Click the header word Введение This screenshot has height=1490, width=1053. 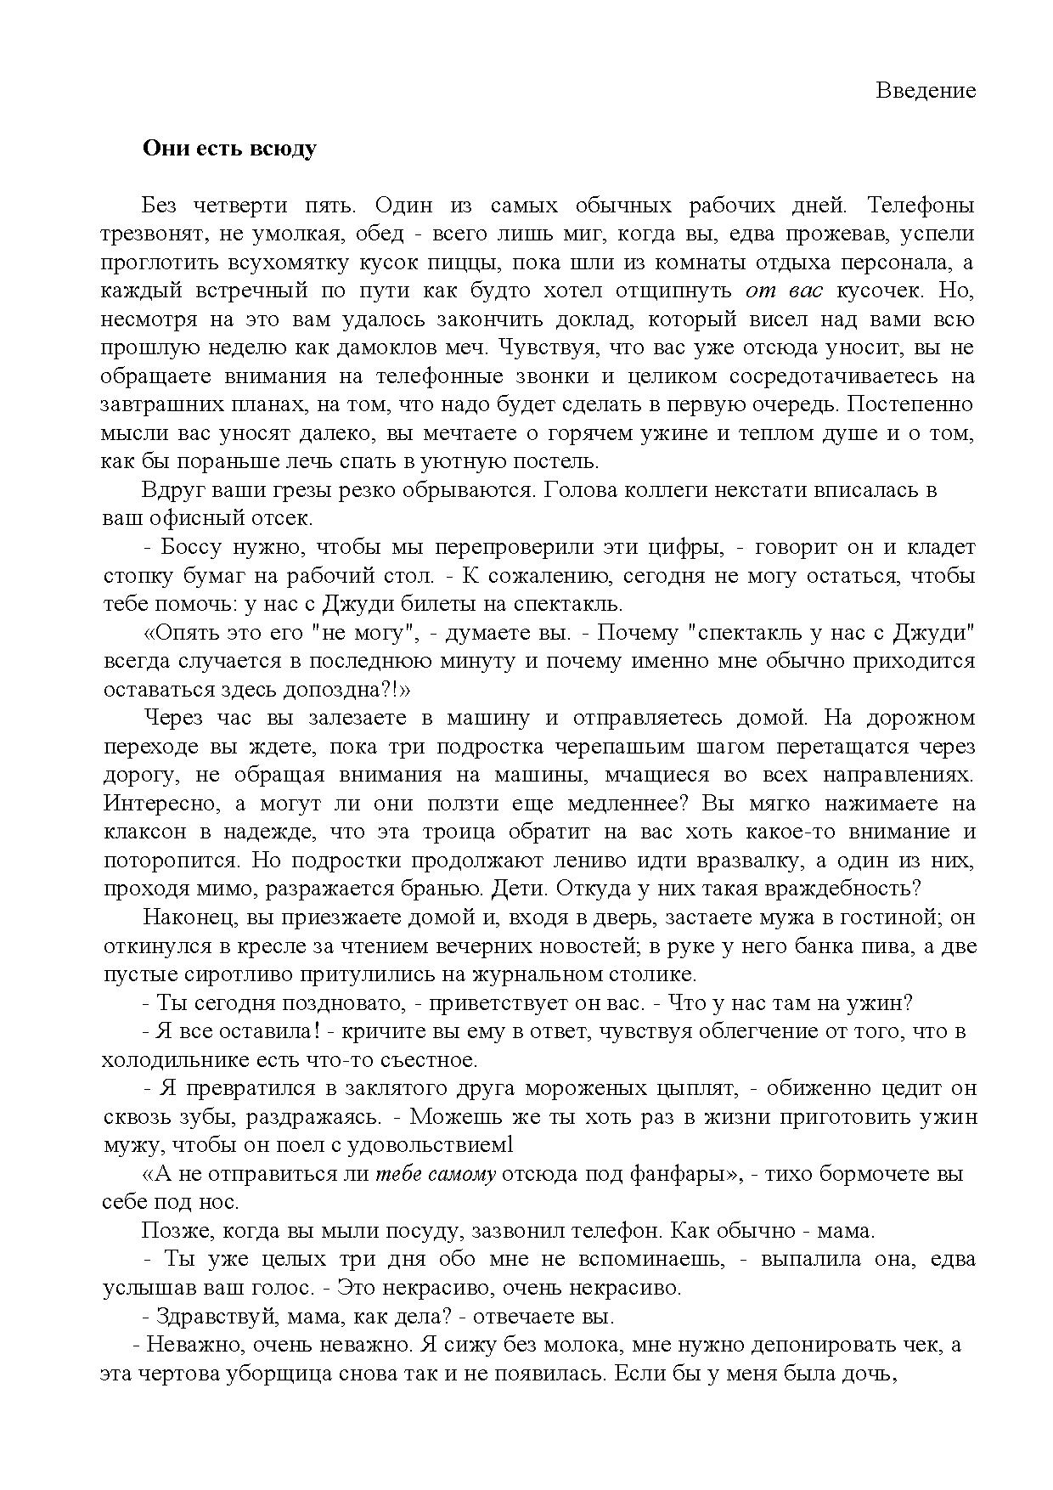point(926,90)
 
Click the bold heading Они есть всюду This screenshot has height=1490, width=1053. point(229,149)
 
